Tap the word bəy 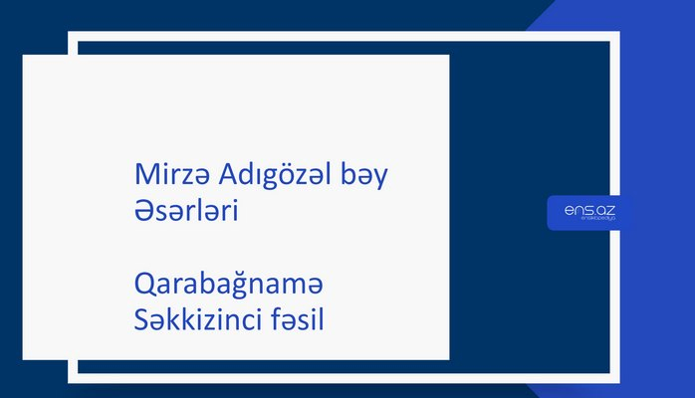click(365, 177)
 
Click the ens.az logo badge click(588, 213)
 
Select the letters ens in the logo click(578, 210)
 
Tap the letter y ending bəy click(381, 180)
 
